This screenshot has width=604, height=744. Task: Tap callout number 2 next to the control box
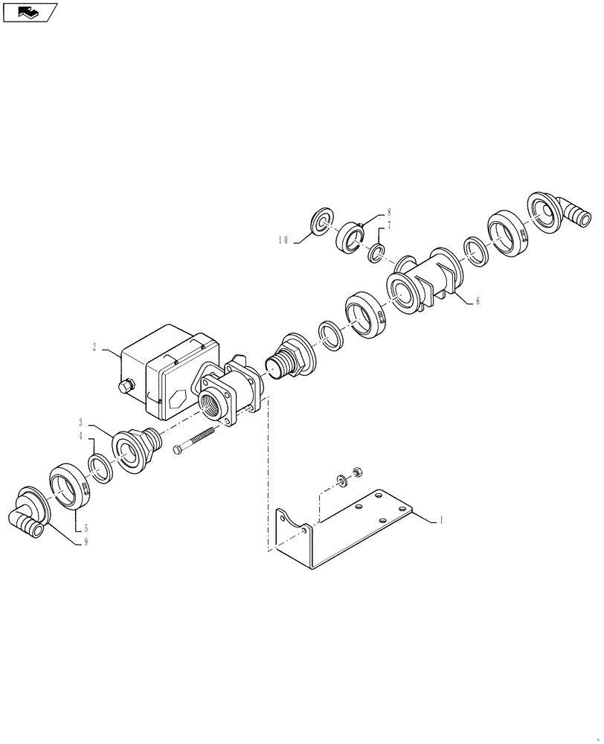coord(95,347)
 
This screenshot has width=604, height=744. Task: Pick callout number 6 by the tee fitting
coord(478,302)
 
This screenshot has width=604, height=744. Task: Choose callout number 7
coord(388,225)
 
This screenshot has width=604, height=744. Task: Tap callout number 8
coord(388,211)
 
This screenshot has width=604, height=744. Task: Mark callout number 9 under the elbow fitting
coord(86,542)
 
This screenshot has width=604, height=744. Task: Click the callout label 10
coord(284,240)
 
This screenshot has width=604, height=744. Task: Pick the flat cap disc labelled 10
coord(321,222)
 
